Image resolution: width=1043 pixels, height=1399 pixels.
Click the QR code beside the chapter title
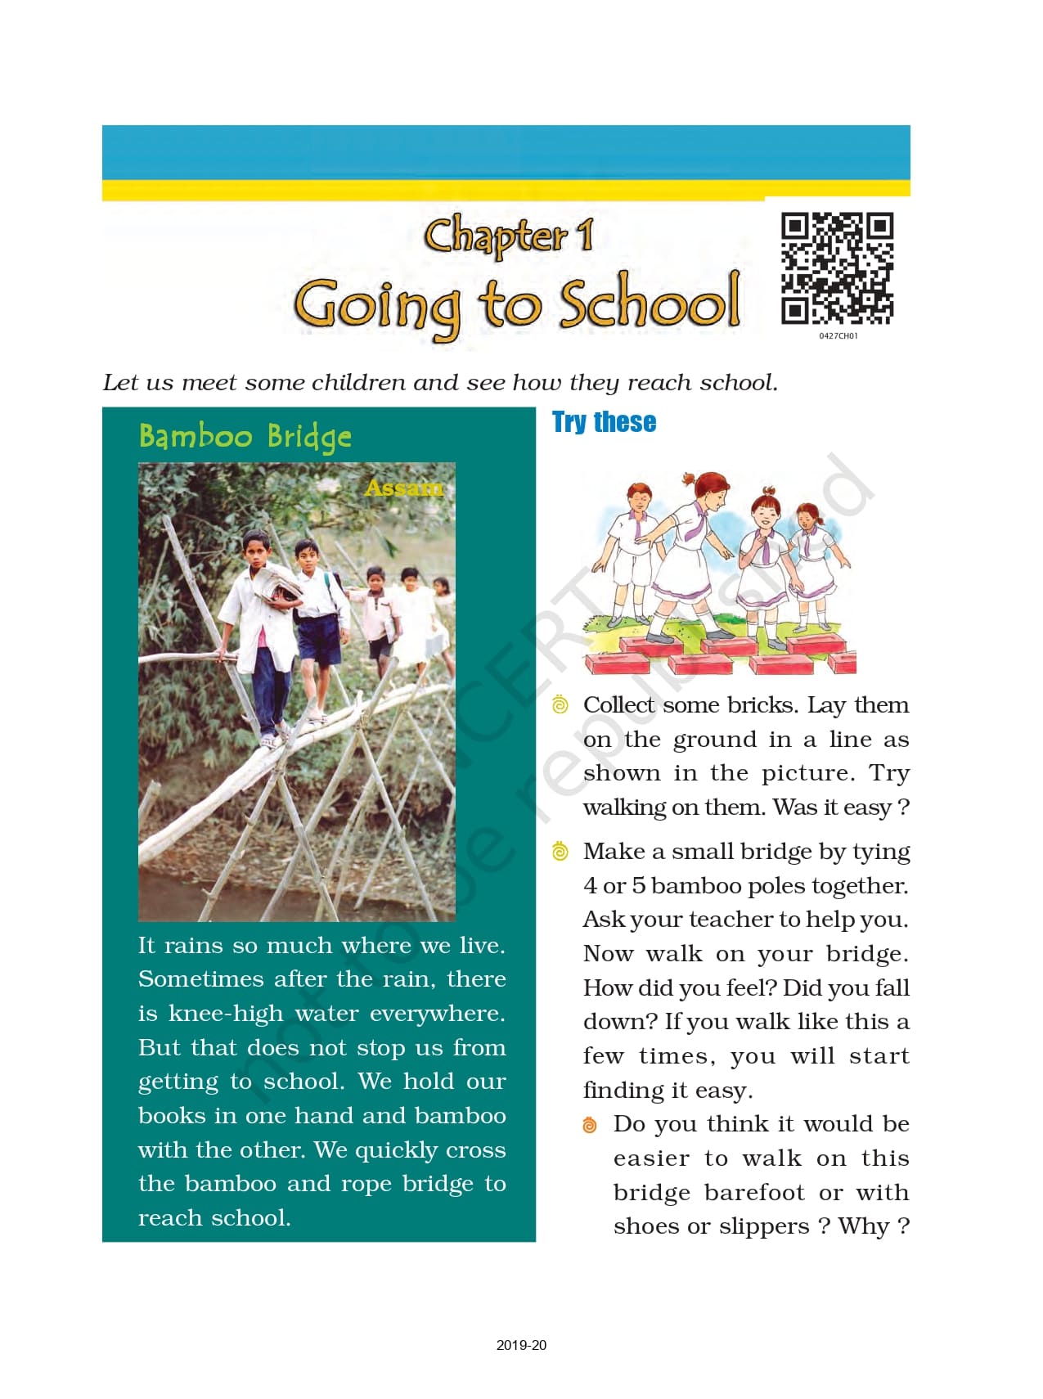837,268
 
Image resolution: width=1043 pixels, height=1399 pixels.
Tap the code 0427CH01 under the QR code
838,336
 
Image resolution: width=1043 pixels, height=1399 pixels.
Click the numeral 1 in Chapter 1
585,236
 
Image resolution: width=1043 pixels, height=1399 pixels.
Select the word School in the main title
650,303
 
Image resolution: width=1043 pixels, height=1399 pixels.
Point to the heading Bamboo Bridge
245,437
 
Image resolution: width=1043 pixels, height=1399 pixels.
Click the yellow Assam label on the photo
403,488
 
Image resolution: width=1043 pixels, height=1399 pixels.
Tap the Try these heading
604,422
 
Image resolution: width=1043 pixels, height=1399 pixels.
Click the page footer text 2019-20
521,1345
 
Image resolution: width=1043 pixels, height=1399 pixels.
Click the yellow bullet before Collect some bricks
560,704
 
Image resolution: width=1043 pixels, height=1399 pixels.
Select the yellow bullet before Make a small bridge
560,852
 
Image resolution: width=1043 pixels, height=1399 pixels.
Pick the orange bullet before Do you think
590,1125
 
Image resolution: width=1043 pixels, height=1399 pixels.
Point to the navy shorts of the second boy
319,639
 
